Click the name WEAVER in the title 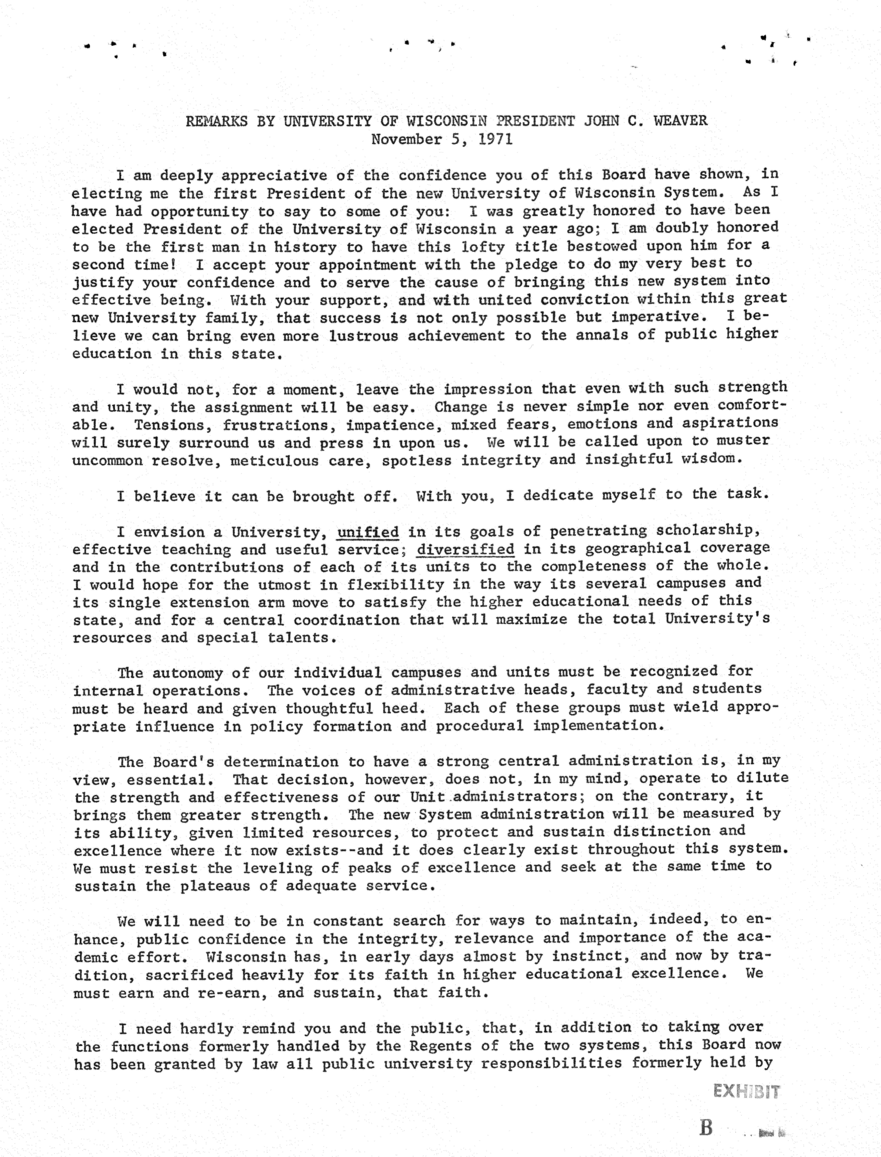tap(680, 121)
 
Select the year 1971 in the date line tap(495, 139)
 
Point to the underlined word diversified tap(465, 549)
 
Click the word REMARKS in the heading tap(217, 121)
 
